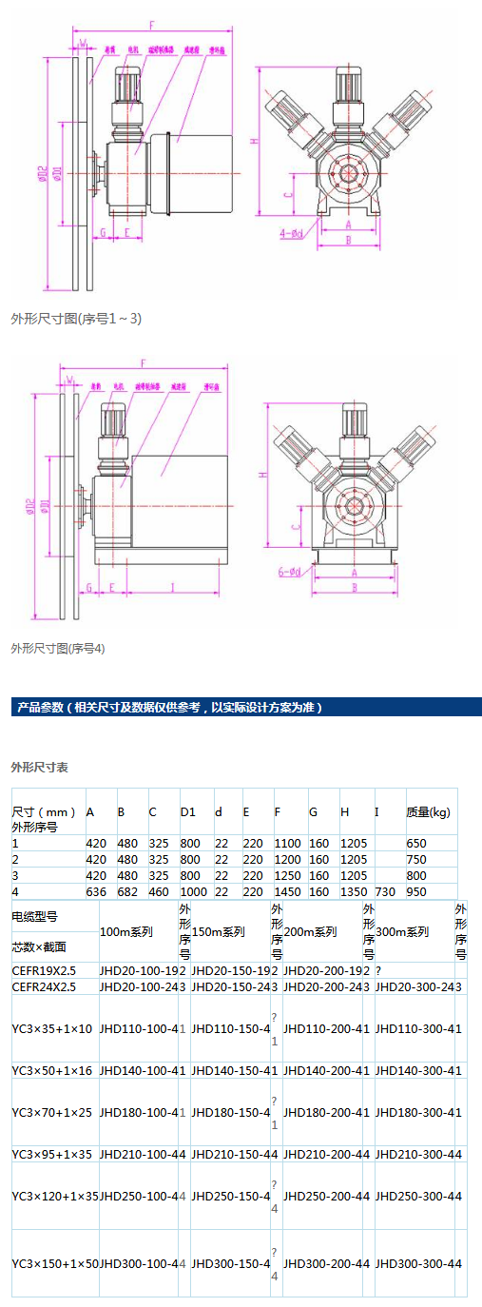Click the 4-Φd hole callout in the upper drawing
coord(290,231)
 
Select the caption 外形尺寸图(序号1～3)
coord(76,318)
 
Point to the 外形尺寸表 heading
coord(39,766)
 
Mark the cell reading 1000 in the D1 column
coord(194,891)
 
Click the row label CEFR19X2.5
coord(43,970)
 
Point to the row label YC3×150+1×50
coord(55,1263)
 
